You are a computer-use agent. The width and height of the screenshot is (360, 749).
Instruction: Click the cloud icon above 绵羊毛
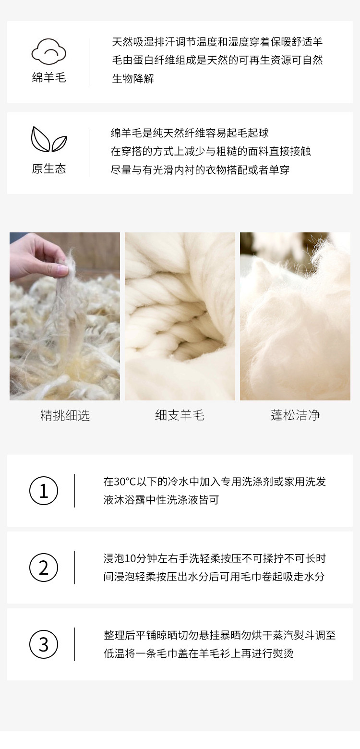coord(49,51)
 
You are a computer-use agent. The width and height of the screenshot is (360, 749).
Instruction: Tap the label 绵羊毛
coord(49,78)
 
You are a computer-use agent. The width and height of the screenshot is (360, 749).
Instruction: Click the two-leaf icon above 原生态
coord(49,139)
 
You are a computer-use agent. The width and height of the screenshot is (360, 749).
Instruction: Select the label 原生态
coord(49,169)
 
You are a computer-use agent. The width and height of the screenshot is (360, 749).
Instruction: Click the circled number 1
coord(44,491)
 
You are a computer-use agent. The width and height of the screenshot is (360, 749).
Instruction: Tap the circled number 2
coord(44,568)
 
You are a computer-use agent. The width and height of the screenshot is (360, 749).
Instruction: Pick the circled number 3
coord(44,644)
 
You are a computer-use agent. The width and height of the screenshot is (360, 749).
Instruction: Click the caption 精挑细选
coord(65,415)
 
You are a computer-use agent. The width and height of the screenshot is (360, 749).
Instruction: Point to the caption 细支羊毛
coord(180,415)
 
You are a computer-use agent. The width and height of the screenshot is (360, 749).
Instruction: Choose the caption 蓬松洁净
coord(295,415)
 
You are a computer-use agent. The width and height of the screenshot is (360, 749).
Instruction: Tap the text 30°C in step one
coord(125,482)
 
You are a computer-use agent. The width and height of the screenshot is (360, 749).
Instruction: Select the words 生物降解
coord(133,79)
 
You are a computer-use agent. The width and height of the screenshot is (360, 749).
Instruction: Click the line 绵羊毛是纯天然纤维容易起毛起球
coord(190,133)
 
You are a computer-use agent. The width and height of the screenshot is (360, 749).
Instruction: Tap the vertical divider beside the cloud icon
coord(89,62)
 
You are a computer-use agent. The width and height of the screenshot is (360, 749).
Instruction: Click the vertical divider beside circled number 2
coord(74,568)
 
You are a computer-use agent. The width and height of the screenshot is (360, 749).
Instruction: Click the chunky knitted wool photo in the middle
coord(180,316)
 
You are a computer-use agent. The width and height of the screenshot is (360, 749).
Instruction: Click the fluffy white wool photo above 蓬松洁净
coord(295,316)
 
